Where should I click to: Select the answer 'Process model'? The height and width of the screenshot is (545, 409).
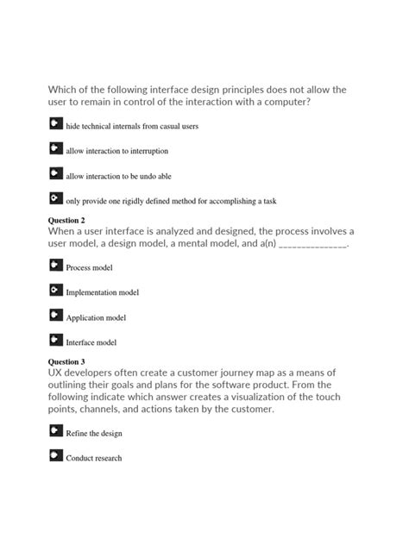click(90, 268)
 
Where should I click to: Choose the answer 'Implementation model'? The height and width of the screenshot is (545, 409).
click(102, 293)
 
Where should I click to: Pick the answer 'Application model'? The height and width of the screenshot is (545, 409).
click(96, 318)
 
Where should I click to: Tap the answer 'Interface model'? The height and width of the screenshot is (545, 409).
click(91, 343)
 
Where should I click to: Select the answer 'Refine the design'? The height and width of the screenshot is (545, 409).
click(93, 433)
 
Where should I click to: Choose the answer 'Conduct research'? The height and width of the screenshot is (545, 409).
click(93, 458)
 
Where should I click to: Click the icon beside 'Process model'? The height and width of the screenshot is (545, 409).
click(55, 266)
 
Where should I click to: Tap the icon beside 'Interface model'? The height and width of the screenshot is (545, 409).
click(55, 341)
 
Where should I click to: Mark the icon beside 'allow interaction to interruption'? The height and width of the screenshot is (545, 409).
click(55, 148)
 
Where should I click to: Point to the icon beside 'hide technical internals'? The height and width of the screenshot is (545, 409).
click(55, 123)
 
